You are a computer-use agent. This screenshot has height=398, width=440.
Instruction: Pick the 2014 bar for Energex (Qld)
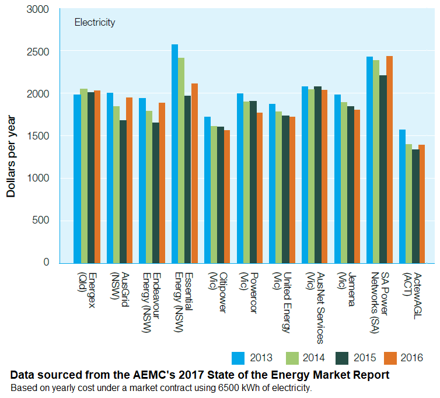coord(83,176)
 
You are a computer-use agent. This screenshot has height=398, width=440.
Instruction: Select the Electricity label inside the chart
coord(95,23)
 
